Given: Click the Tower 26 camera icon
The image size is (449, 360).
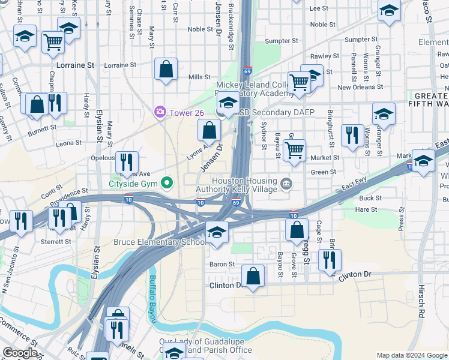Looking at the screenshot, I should (x=160, y=112).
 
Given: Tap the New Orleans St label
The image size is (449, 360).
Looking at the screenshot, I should (x=360, y=87).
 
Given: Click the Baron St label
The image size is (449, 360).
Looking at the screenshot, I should (x=221, y=264).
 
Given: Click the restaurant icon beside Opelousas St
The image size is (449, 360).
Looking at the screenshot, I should (x=127, y=161).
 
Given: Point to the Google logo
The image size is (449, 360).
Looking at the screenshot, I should (x=20, y=353).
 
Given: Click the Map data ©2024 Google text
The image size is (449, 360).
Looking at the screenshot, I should (x=411, y=355).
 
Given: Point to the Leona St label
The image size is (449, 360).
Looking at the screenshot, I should (x=68, y=143).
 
